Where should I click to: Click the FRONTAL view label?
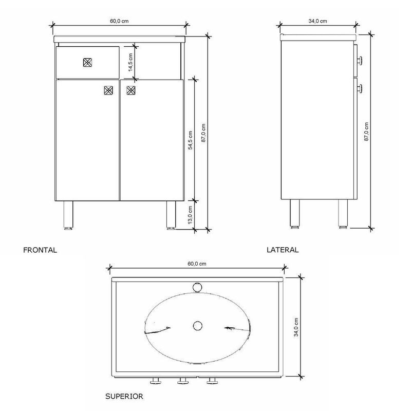40,250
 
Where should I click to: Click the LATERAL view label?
283,250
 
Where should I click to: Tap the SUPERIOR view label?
124,396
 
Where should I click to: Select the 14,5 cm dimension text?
130,62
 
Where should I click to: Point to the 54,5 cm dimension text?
190,140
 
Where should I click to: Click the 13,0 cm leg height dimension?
190,215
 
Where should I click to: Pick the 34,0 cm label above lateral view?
317,21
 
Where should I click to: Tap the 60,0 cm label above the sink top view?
197,264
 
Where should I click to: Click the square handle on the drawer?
87,62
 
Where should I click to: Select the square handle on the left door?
108,90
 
